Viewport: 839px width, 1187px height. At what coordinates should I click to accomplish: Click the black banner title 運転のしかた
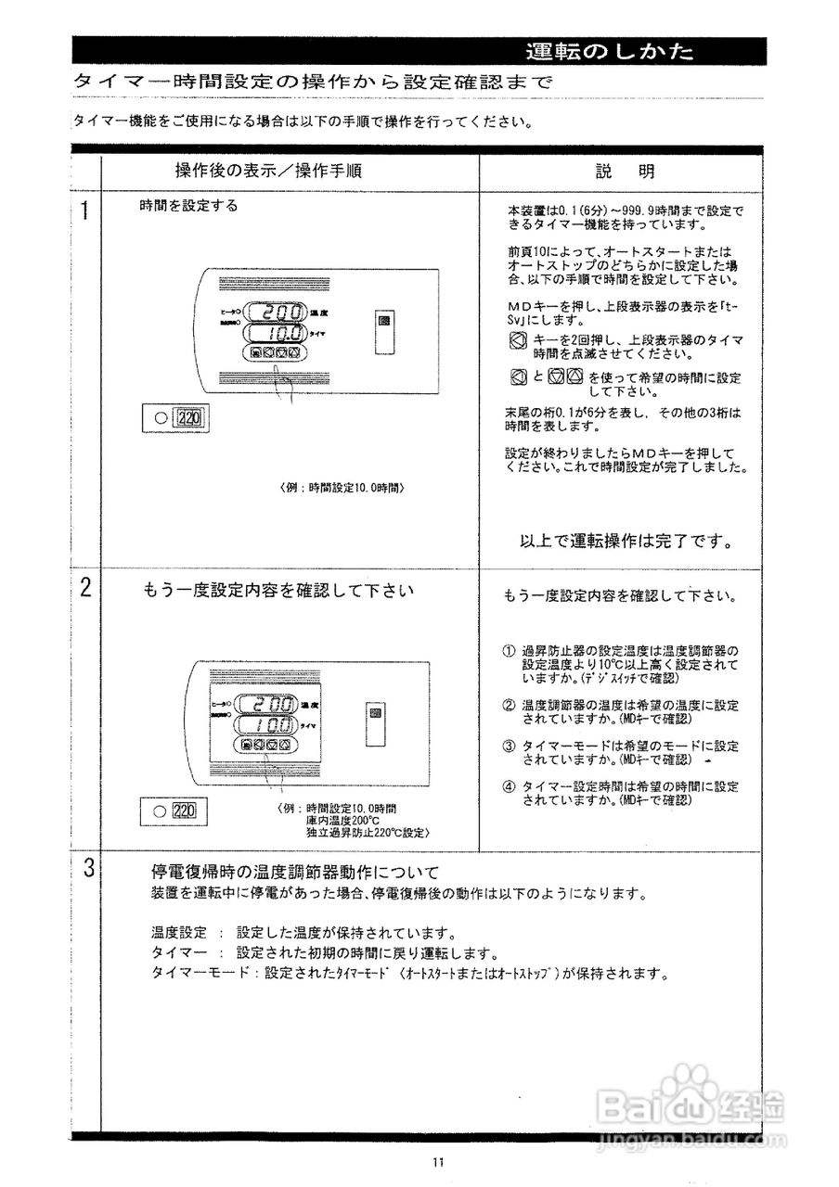pyautogui.click(x=609, y=51)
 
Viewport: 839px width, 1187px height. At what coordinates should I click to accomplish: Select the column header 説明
pyautogui.click(x=624, y=172)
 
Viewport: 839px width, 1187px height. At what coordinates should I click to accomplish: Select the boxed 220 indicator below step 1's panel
pyautogui.click(x=189, y=417)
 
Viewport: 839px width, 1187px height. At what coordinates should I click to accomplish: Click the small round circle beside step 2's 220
pyautogui.click(x=161, y=810)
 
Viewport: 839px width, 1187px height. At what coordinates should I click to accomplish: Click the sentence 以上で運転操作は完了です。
pyautogui.click(x=626, y=541)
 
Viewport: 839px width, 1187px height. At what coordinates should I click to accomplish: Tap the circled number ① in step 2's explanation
pyautogui.click(x=509, y=649)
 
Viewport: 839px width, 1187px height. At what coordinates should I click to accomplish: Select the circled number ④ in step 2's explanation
pyautogui.click(x=509, y=786)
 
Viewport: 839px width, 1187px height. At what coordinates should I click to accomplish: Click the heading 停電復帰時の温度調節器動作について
pyautogui.click(x=294, y=873)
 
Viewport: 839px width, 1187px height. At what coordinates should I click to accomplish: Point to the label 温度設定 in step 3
pyautogui.click(x=178, y=932)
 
